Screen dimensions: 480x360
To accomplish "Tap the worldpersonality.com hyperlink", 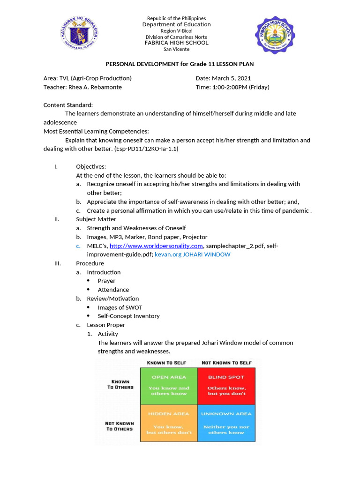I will pos(156,246).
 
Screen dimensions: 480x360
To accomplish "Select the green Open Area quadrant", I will pos(169,385).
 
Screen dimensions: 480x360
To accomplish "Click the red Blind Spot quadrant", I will pos(226,385).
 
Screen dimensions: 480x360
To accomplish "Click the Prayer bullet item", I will pos(106,281).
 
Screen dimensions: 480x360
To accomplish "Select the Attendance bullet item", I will pos(113,290).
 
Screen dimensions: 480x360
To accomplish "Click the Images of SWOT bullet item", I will pos(120,307).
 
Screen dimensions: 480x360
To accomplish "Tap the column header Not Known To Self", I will pos(226,363).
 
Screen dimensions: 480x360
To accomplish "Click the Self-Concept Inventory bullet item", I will pos(128,316).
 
